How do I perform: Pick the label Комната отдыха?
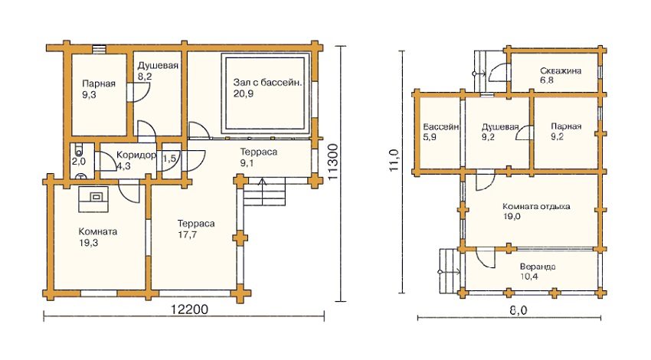point(536,206)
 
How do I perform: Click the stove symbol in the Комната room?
point(96,196)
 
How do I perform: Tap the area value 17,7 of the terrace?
point(188,234)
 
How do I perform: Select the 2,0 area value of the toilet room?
point(78,162)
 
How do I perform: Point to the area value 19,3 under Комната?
point(89,242)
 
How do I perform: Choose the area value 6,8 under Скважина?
point(547,80)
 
